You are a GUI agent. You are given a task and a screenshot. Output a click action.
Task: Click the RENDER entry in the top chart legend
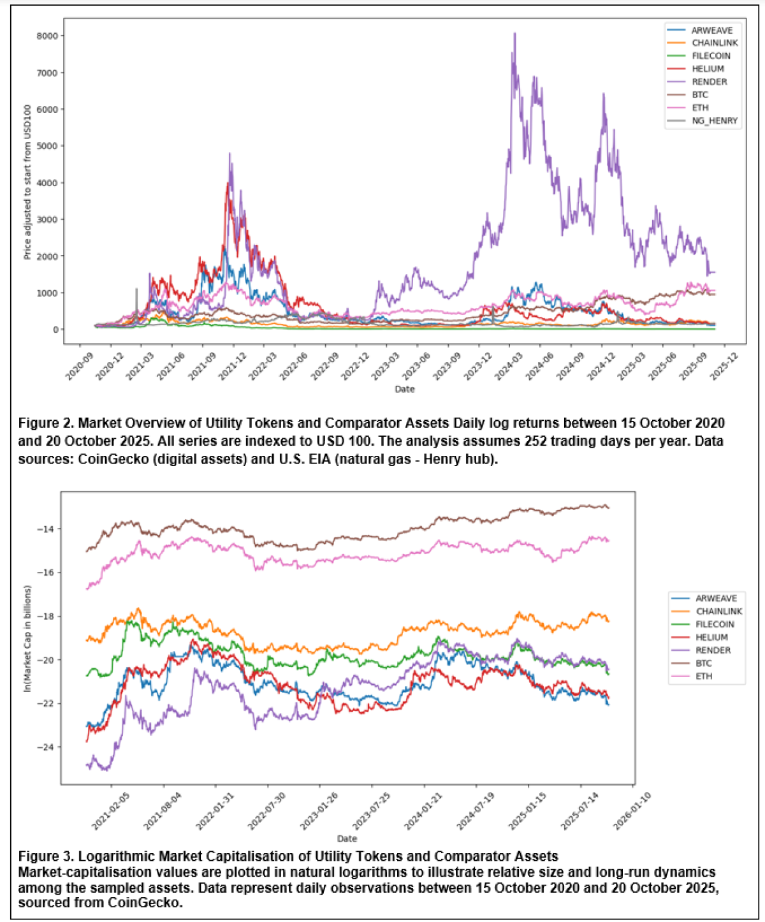pos(709,82)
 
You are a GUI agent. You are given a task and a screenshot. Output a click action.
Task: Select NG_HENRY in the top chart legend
pos(714,121)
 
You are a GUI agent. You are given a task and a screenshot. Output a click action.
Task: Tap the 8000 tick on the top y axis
pos(47,36)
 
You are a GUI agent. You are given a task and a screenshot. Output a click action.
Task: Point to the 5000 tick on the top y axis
pos(47,146)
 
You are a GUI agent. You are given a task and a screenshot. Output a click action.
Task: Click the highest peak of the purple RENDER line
pos(515,34)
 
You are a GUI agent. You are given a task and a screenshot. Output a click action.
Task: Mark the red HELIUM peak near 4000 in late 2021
pos(227,184)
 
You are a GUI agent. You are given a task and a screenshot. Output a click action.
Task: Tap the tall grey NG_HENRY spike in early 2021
pos(136,289)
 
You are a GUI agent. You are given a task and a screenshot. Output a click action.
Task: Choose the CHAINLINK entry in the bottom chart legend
pos(718,611)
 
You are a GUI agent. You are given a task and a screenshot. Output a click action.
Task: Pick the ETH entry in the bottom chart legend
pos(703,676)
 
